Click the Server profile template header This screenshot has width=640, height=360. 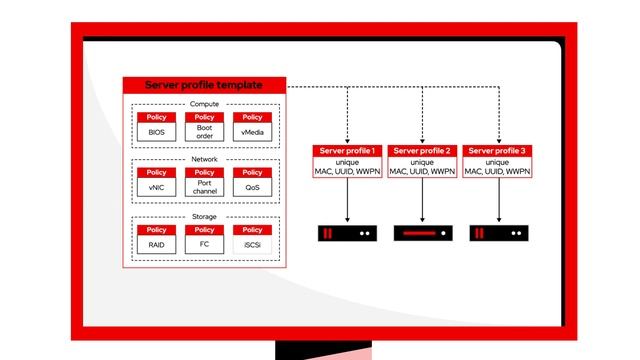204,86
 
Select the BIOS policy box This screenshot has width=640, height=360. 156,127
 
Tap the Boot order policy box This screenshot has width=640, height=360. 204,127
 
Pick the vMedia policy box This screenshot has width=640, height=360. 252,127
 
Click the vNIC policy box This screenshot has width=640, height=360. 156,182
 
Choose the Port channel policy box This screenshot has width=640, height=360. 204,182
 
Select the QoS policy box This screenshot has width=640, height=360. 252,182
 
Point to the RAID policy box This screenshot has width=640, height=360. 156,239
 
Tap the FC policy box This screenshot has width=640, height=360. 204,239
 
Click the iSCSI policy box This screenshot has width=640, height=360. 252,239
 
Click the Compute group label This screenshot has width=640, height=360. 204,104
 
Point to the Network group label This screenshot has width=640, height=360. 204,160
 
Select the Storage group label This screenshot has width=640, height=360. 204,216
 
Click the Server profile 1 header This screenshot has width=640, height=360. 346,151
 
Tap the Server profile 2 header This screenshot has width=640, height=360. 422,151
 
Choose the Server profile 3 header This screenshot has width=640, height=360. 497,151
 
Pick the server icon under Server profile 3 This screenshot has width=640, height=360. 497,233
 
